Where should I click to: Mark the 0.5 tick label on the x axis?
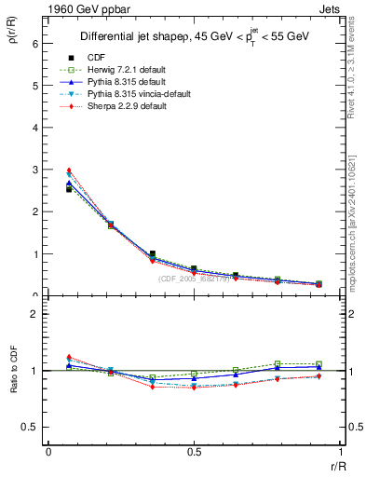click(x=194, y=452)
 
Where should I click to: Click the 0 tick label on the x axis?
click(x=48, y=452)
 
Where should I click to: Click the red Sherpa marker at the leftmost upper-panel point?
click(x=69, y=170)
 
